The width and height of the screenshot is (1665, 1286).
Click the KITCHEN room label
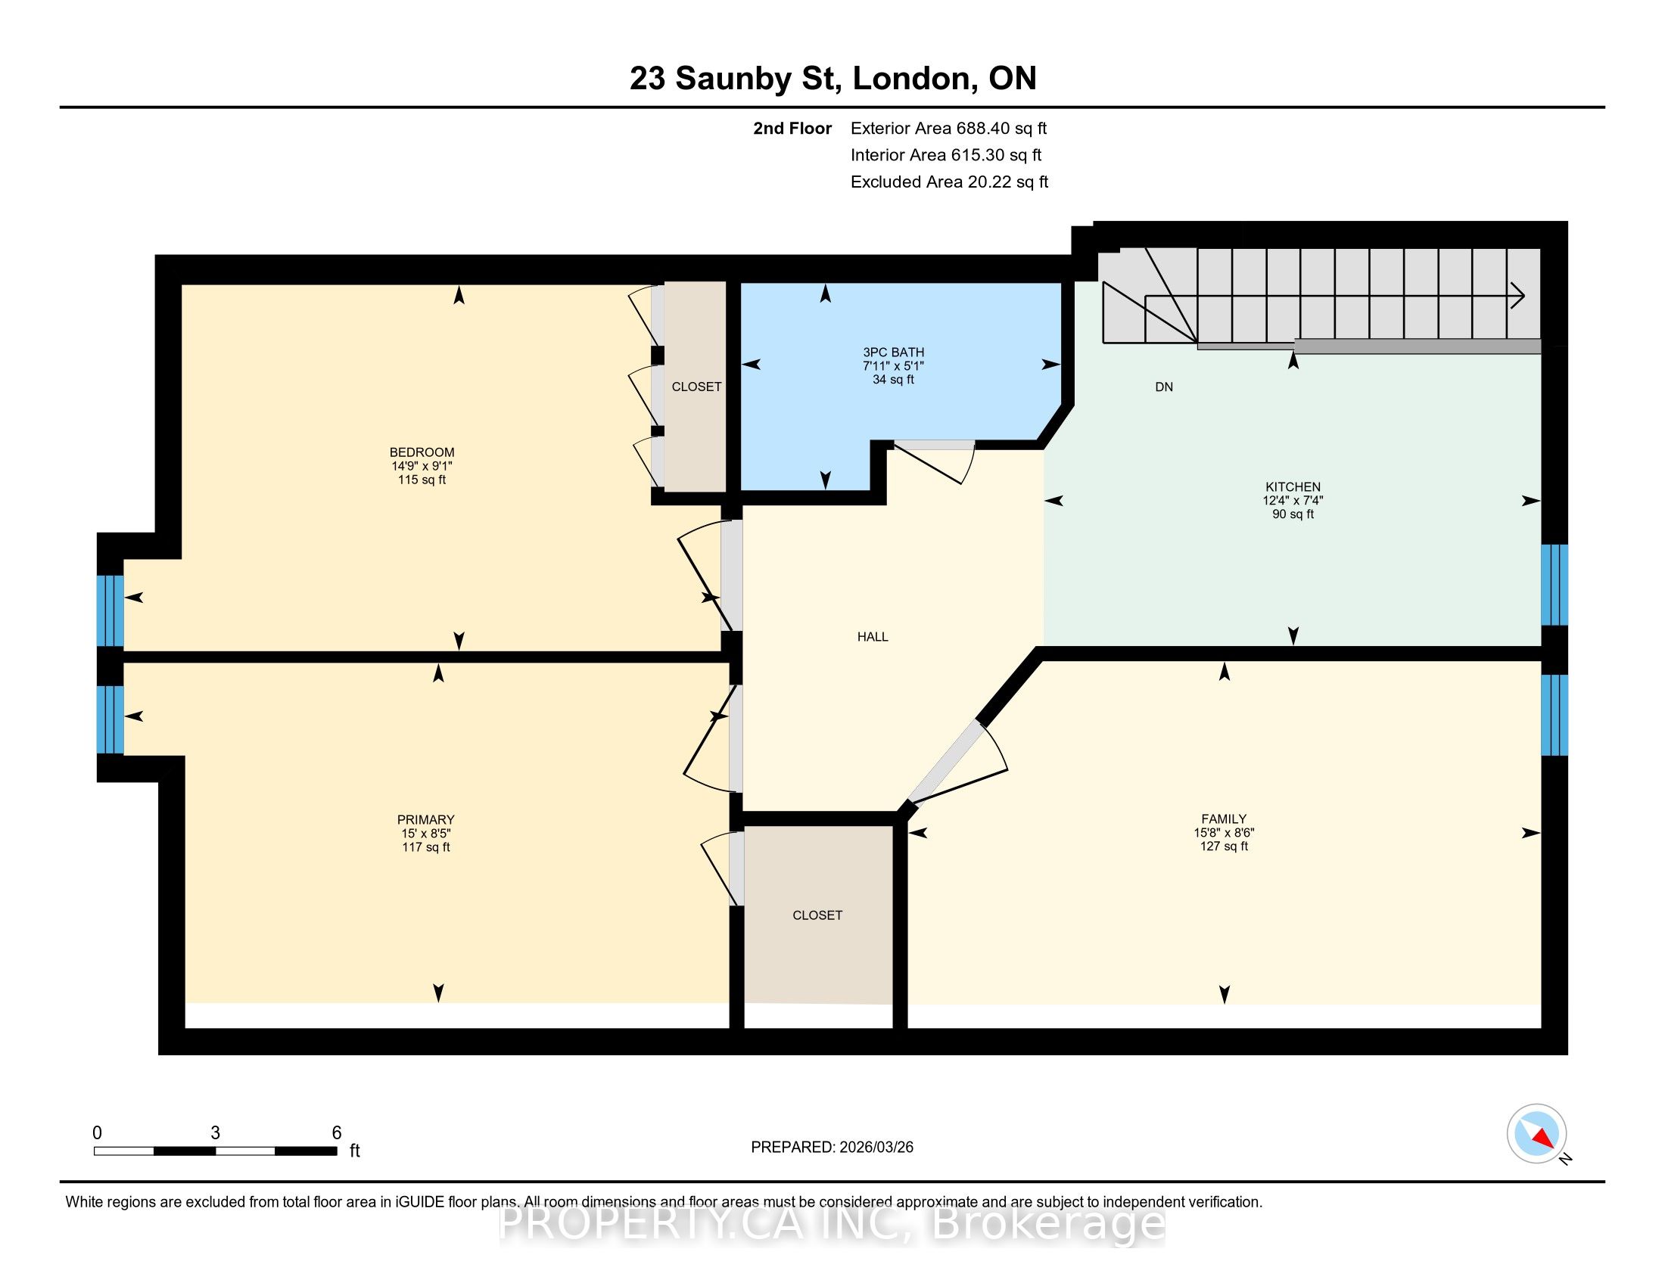coord(1293,487)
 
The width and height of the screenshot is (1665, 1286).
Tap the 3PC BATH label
coord(894,352)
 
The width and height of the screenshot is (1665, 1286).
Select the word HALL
coord(873,637)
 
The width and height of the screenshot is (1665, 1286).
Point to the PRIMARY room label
coord(425,820)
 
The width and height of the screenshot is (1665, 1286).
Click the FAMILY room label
coord(1225,819)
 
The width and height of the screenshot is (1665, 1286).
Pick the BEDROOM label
coord(422,452)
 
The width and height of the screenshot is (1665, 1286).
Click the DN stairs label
coord(1164,387)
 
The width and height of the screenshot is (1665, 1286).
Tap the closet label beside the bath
coord(696,387)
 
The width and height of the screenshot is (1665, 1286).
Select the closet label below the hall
coord(817,915)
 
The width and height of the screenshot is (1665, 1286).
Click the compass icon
coord(1537,1134)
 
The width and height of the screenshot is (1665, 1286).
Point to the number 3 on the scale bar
coord(216,1133)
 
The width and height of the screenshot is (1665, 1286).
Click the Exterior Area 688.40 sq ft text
coord(949,129)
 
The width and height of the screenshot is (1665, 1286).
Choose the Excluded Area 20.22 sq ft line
coord(950,182)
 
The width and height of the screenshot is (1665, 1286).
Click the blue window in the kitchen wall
coord(1555,584)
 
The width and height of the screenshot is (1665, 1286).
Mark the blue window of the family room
coord(1555,715)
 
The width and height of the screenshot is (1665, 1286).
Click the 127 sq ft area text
coord(1225,846)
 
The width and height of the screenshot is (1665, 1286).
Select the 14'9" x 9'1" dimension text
coord(422,466)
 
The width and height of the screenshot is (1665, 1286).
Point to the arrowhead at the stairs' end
coord(1518,296)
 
